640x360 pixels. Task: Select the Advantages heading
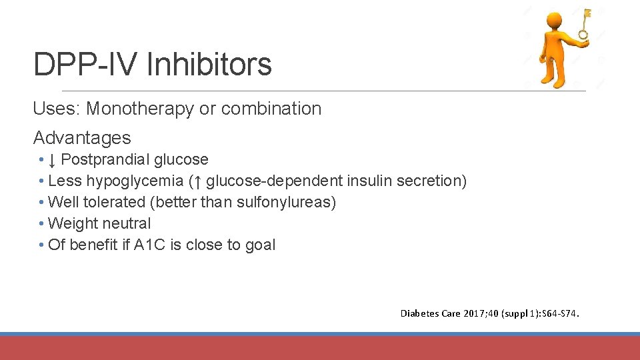[82, 137]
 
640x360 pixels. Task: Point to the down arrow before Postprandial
[53, 160]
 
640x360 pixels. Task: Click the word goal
[260, 245]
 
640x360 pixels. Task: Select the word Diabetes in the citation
[419, 313]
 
